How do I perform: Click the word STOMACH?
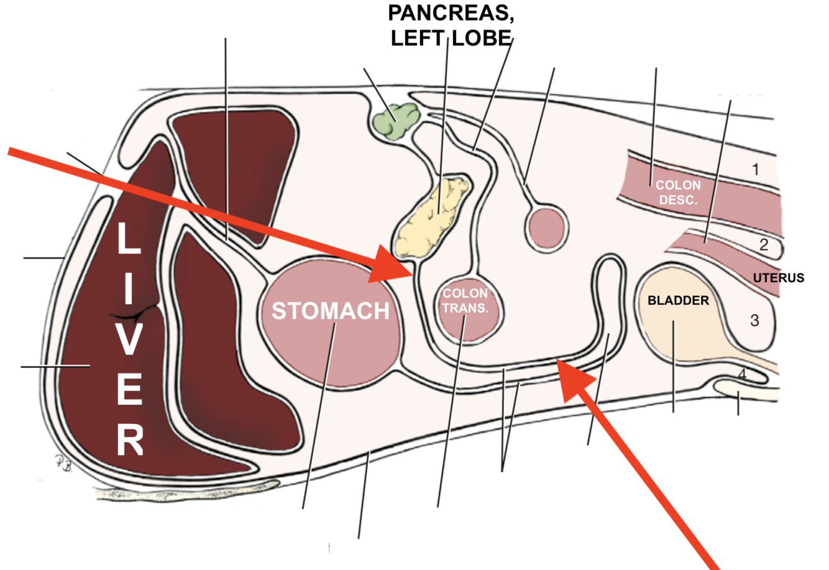coord(330,311)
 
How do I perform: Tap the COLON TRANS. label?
coord(465,300)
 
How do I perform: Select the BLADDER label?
coord(677,301)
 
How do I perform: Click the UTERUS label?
coord(778,278)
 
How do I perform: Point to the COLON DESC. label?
coord(678,192)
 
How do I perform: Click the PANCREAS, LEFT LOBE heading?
coord(451,25)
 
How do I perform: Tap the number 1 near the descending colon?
coord(755,169)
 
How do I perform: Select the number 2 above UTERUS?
coord(764,245)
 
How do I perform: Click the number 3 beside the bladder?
coord(754,321)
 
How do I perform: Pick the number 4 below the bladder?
coord(741,375)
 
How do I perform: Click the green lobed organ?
coord(395,120)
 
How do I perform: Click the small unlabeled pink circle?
coord(546,228)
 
